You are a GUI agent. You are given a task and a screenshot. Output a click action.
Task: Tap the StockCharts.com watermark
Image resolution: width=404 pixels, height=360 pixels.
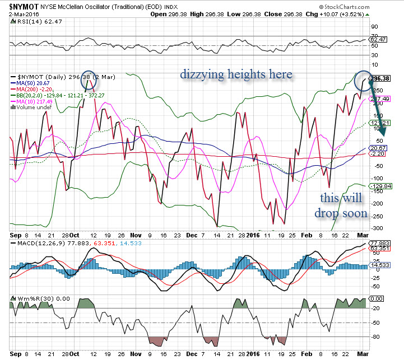370,7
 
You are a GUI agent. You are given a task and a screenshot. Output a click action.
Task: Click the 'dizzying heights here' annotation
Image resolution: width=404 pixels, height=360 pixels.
235,74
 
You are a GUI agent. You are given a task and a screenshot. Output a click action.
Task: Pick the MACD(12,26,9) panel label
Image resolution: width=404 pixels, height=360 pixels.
34,244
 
